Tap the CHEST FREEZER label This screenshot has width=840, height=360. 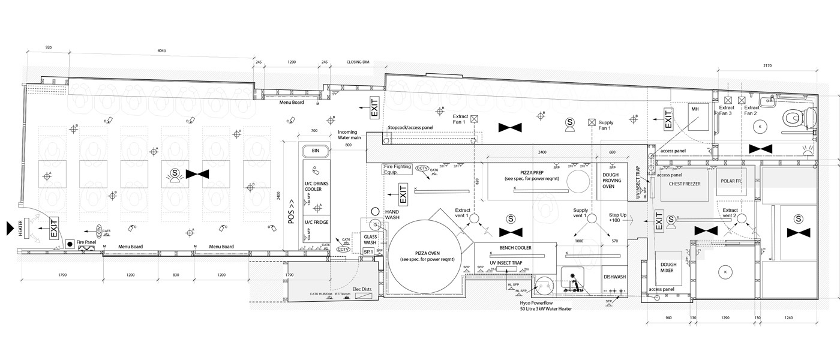[x=680, y=184]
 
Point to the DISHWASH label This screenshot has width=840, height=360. [x=614, y=277]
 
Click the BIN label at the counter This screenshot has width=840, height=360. [x=316, y=150]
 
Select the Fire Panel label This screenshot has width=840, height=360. [x=86, y=242]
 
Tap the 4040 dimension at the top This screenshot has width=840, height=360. [x=161, y=51]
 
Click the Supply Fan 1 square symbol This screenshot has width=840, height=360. [x=592, y=122]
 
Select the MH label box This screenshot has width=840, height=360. [x=695, y=110]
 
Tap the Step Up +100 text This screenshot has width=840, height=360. [x=617, y=218]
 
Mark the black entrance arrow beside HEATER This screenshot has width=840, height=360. [x=8, y=227]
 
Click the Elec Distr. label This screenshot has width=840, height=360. [x=362, y=289]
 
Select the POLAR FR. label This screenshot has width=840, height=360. [x=731, y=181]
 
